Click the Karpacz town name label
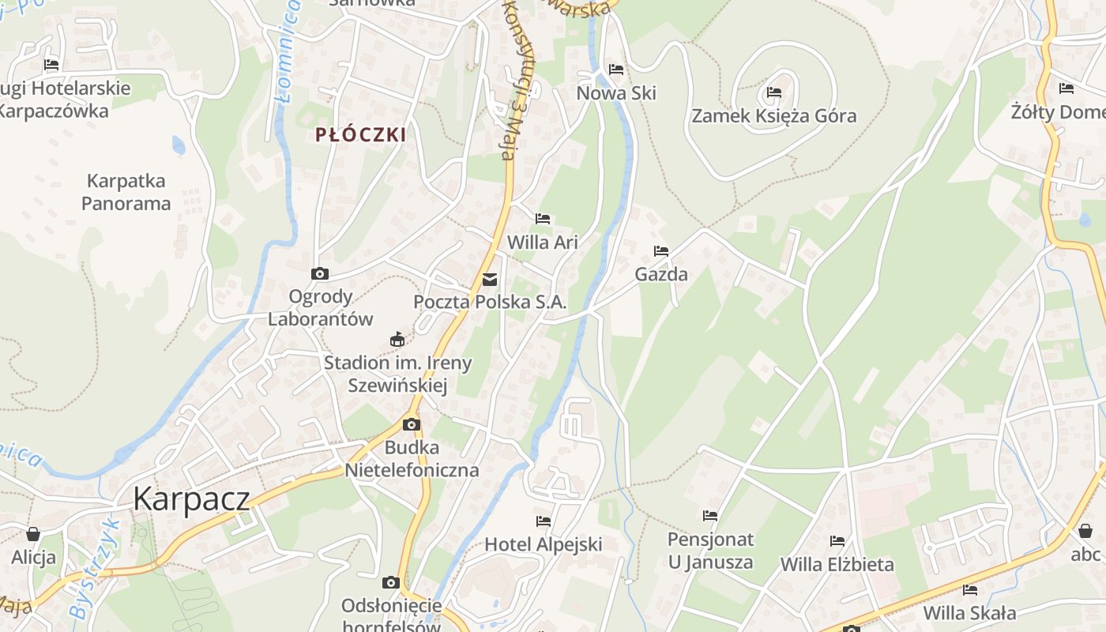pyautogui.click(x=191, y=499)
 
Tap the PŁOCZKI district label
pyautogui.click(x=361, y=134)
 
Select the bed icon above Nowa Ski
pyautogui.click(x=616, y=70)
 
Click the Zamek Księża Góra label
pyautogui.click(x=773, y=116)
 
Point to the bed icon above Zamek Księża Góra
pyautogui.click(x=773, y=92)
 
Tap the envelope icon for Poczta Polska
pyautogui.click(x=490, y=279)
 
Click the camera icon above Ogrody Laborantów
pyautogui.click(x=320, y=274)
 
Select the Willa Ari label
pyautogui.click(x=543, y=243)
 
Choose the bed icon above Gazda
pyautogui.click(x=661, y=251)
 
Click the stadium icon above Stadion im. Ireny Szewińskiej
pyautogui.click(x=397, y=340)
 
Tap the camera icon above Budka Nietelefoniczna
pyautogui.click(x=411, y=425)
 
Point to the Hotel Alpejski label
pyautogui.click(x=543, y=544)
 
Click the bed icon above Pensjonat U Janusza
pyautogui.click(x=710, y=516)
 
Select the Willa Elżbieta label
pyautogui.click(x=837, y=565)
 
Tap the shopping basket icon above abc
pyautogui.click(x=1085, y=531)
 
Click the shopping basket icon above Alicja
pyautogui.click(x=33, y=534)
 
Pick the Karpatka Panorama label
pyautogui.click(x=126, y=192)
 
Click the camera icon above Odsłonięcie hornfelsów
pyautogui.click(x=390, y=583)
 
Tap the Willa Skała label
pyautogui.click(x=969, y=613)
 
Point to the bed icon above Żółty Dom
pyautogui.click(x=1066, y=88)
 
